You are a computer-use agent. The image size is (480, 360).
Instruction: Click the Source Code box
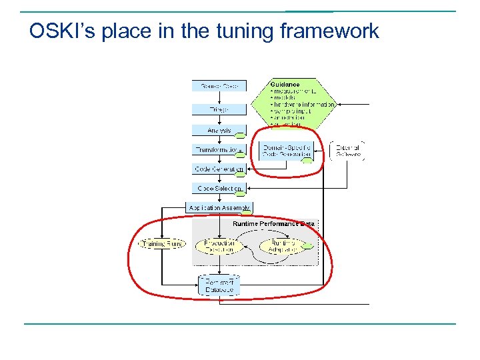click(x=219, y=85)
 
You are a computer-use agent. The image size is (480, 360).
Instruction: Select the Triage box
click(x=219, y=109)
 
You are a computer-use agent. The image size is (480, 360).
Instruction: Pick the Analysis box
click(x=219, y=131)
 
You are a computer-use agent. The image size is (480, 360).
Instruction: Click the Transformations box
click(x=219, y=150)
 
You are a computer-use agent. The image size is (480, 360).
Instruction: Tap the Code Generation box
click(x=219, y=169)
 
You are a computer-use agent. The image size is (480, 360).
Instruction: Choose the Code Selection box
click(x=219, y=189)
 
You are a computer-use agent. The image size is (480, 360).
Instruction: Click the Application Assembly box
click(x=219, y=208)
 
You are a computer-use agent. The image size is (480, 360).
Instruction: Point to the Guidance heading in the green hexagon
click(x=285, y=85)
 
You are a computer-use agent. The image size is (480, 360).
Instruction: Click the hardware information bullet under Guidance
click(x=303, y=105)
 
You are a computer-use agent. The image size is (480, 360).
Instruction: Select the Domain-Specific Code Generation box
click(x=286, y=151)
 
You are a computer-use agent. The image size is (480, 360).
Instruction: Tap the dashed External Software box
click(x=347, y=151)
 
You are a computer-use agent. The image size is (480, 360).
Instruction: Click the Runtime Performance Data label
click(x=273, y=224)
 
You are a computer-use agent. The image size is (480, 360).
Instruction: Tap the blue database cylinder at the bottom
click(x=219, y=286)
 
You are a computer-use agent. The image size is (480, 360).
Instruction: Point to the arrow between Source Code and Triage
click(x=219, y=97)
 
